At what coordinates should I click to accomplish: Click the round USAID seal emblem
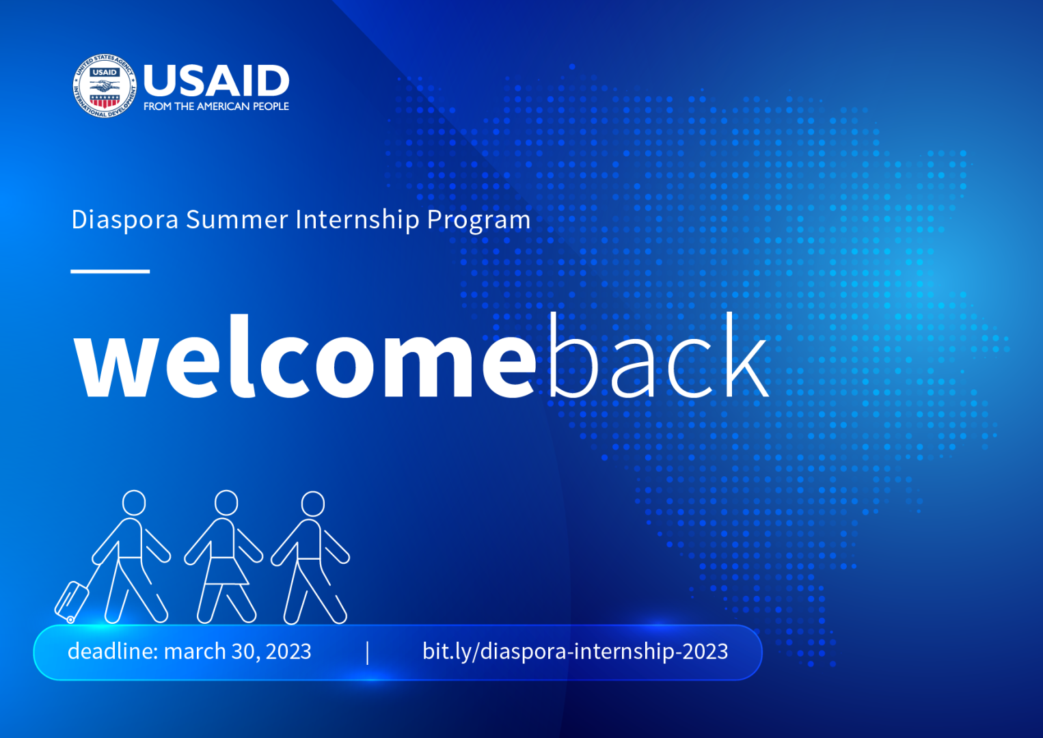point(105,85)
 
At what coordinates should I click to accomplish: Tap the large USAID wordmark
point(217,80)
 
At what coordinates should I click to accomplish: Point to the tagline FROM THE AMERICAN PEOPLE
point(217,107)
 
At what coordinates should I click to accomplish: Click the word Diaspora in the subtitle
point(125,219)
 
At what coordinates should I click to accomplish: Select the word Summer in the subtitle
point(237,219)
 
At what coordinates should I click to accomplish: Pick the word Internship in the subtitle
point(357,219)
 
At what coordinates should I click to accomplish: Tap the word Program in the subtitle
point(478,220)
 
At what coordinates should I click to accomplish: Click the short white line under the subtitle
point(110,271)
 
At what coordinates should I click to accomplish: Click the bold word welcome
point(305,356)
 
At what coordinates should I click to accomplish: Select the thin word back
point(659,355)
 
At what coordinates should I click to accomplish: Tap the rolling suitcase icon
point(72,601)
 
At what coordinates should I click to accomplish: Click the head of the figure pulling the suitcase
point(134,503)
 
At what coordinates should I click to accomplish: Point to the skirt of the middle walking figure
point(226,571)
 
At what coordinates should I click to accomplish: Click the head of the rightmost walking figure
point(313,504)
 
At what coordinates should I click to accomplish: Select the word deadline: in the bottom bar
point(113,651)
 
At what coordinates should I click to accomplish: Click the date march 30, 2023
point(237,651)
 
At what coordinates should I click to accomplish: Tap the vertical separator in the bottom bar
point(368,653)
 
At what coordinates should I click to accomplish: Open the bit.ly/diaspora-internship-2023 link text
point(575,651)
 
